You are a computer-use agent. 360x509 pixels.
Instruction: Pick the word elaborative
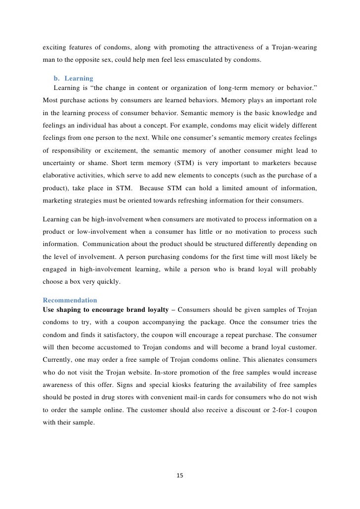point(60,176)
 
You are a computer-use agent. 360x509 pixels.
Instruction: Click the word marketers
point(265,163)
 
